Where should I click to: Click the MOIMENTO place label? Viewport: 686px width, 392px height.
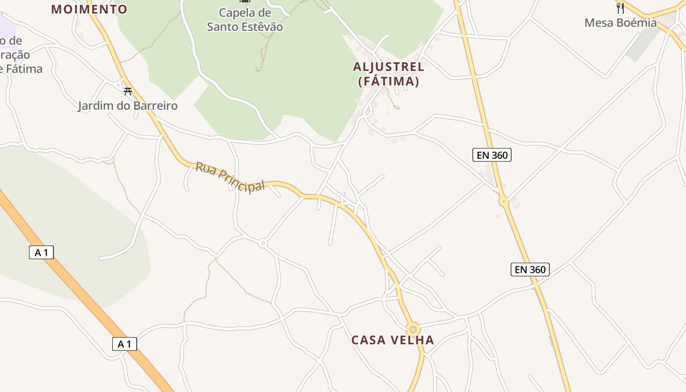point(89,9)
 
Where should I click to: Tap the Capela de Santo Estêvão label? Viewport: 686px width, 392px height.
point(245,20)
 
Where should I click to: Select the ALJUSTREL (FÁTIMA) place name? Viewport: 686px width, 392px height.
point(389,74)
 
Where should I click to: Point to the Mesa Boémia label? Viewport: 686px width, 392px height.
point(620,23)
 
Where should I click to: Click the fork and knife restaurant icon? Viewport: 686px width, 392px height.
point(620,7)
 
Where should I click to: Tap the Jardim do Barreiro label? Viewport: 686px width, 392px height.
point(127,106)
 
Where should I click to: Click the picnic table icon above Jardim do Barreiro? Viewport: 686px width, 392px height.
point(128,91)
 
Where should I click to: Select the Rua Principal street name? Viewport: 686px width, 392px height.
point(230,177)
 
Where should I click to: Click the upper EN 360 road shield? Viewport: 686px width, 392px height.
point(492,155)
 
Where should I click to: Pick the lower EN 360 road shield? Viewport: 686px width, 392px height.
point(530,269)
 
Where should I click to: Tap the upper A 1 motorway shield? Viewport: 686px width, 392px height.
point(41,253)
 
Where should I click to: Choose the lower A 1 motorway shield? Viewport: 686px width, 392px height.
point(124,344)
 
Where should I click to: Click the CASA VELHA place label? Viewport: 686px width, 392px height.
point(392,340)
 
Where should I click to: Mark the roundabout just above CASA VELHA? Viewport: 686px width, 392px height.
point(413,329)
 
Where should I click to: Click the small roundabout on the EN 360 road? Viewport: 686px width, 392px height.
point(503,201)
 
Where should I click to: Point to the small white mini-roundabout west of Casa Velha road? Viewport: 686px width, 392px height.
point(263,243)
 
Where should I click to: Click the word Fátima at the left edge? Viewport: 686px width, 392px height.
point(22,69)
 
